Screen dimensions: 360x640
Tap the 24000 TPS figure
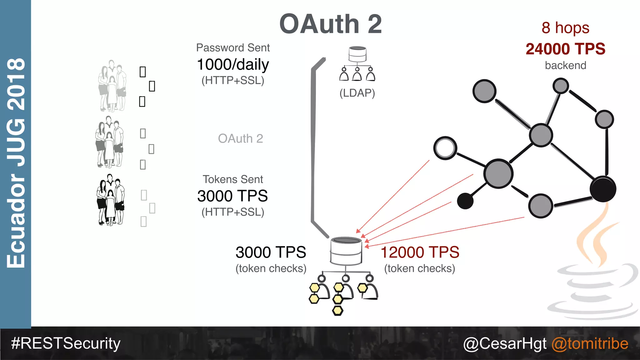565,49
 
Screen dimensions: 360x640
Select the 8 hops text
565,28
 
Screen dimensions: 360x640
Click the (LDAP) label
357,93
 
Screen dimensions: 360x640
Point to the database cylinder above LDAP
357,54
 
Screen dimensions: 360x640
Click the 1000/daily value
233,65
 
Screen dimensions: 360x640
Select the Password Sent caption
233,48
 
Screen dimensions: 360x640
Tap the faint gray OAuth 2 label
240,138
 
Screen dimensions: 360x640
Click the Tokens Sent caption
233,179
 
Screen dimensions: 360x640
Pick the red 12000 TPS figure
420,252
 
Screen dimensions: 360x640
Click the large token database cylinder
346,251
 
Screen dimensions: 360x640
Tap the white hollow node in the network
445,148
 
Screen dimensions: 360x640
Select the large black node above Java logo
603,189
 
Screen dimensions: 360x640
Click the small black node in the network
465,201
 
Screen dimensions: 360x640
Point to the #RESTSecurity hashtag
66,343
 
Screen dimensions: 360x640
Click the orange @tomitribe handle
590,343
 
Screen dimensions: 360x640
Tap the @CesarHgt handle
505,343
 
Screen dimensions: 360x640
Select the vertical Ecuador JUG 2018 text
16,162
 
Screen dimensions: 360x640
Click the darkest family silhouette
110,200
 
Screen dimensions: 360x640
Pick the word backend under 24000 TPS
565,66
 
